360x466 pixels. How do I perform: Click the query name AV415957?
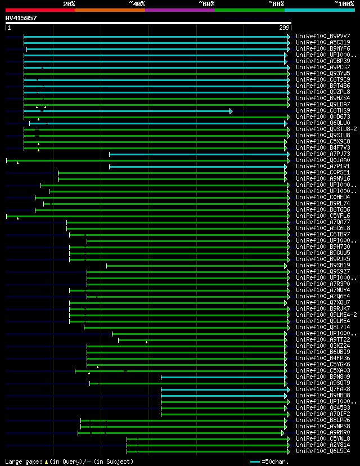(21, 18)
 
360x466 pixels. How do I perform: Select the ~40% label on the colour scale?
(137, 4)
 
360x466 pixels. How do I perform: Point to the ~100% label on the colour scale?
(344, 4)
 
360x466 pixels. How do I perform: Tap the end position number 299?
(284, 28)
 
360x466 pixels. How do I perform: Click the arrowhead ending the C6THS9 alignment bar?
(231, 111)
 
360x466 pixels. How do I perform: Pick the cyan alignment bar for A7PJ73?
(197, 154)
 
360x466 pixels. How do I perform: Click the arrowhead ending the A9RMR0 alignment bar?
(283, 433)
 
